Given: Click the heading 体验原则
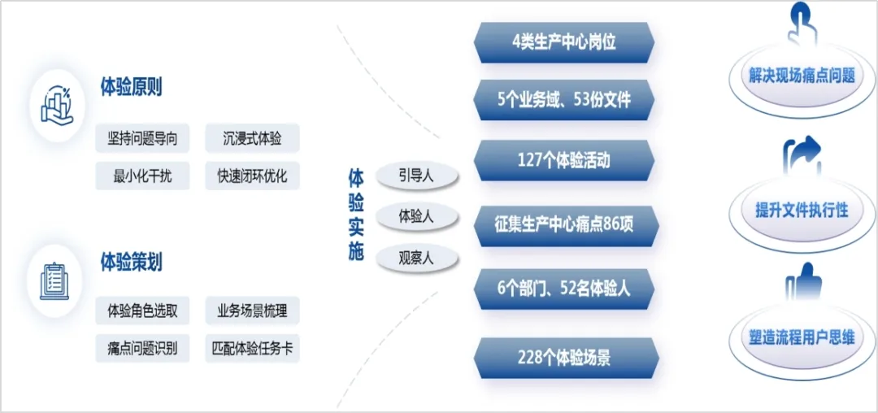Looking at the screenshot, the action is point(131,88).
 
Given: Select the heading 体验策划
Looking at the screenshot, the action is point(131,262).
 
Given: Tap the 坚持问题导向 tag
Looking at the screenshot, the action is point(142,138).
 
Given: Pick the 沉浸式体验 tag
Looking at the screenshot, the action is point(252,138).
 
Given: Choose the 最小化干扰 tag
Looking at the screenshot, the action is point(142,175).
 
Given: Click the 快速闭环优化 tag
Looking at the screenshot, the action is point(252,175).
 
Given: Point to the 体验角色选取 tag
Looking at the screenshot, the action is point(142,311).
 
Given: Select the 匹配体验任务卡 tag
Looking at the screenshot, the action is point(252,349).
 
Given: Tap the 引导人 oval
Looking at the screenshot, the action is point(417,176).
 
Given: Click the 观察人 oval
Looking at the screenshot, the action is point(417,259).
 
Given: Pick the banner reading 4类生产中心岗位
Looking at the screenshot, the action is point(564,43).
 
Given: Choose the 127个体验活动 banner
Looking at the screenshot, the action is point(564,160).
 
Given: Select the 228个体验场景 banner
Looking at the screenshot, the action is point(564,358).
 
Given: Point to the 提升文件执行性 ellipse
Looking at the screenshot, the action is point(802,211).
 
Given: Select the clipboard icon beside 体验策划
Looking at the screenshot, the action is point(55,281).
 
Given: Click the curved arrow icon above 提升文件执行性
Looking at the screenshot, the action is point(801,154).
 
